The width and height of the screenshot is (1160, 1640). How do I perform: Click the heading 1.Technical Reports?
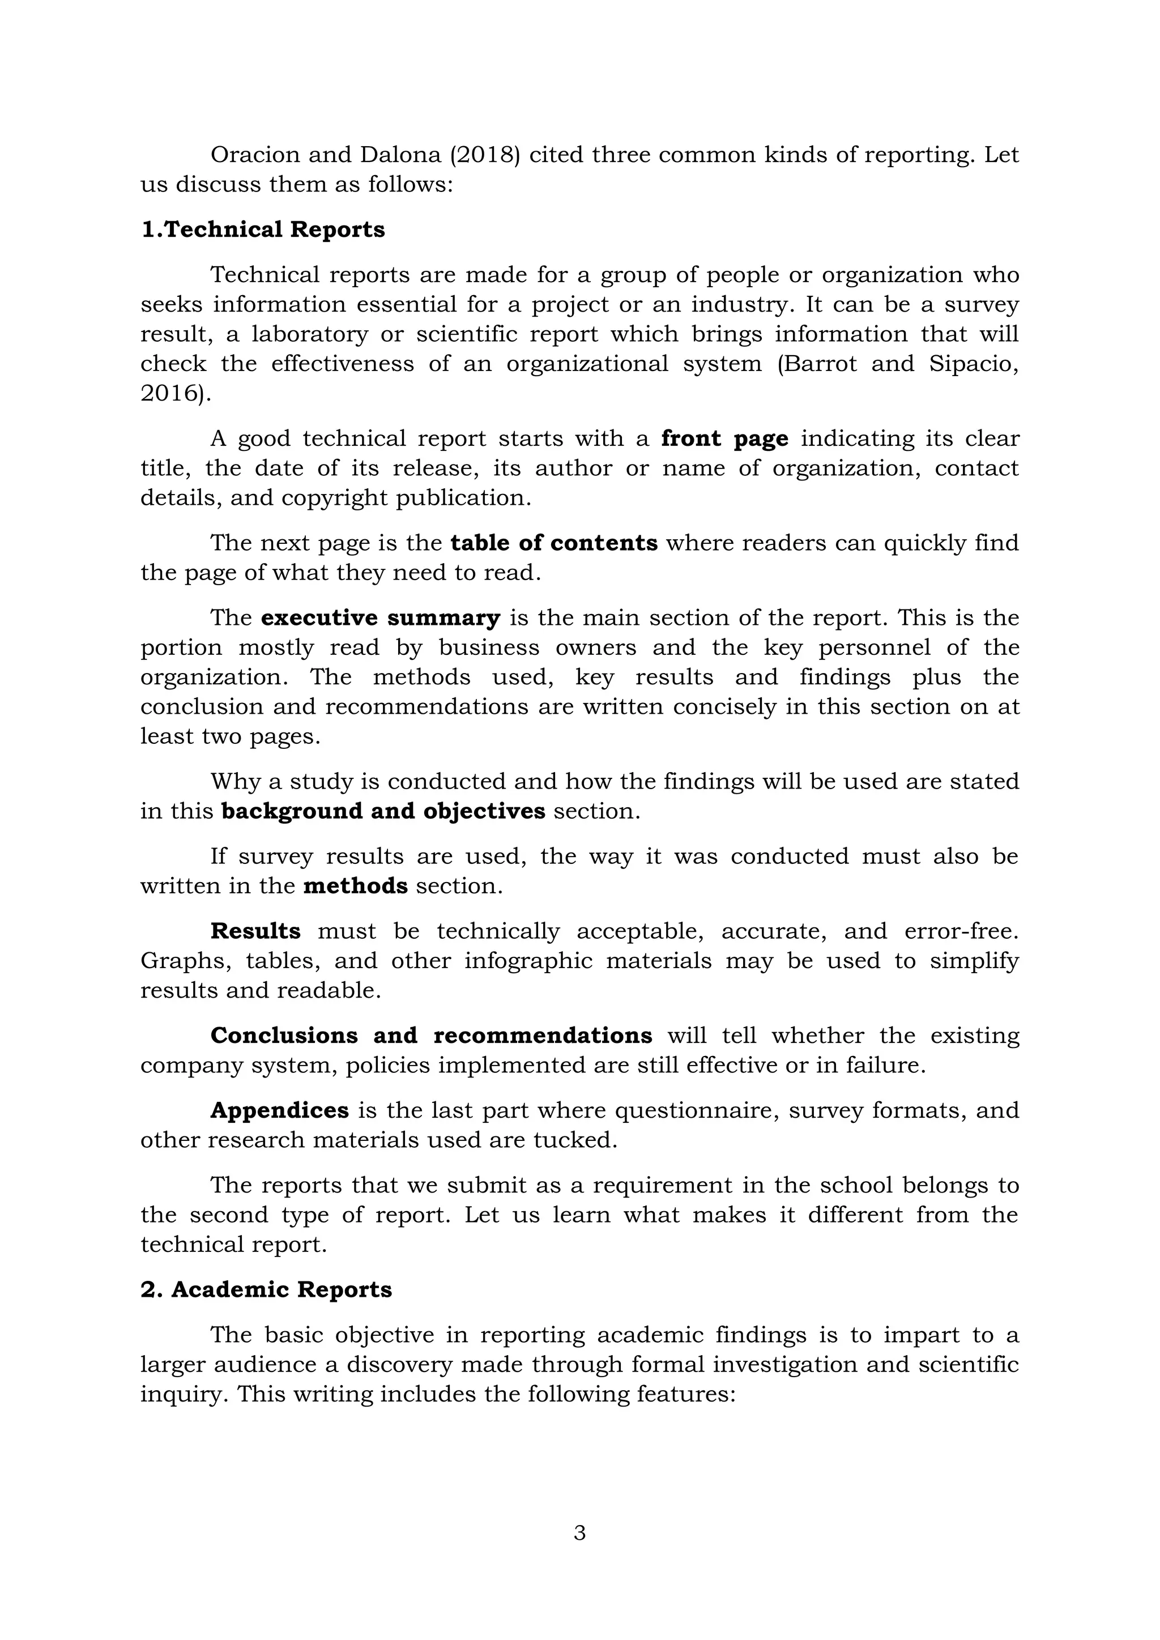coord(262,230)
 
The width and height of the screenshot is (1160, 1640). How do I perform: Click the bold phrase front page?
coord(724,438)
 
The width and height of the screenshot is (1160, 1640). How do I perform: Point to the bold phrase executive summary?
coord(380,618)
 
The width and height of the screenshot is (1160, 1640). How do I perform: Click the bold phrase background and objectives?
coord(383,811)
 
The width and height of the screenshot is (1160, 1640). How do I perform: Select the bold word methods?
coord(355,887)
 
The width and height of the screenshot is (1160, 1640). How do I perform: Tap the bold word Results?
coord(255,931)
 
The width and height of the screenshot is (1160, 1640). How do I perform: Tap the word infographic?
coord(528,961)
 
